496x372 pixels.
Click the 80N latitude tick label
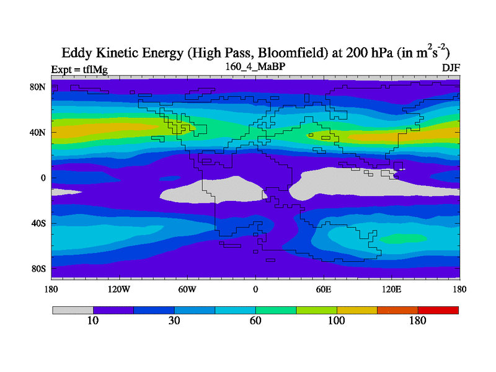[39, 87]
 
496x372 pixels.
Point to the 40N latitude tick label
[39, 132]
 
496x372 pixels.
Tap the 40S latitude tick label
[39, 223]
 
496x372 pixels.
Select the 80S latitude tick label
[39, 268]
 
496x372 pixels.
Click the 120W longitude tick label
[118, 289]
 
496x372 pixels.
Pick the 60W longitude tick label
[187, 289]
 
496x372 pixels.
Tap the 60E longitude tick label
[323, 289]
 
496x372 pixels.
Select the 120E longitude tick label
[391, 289]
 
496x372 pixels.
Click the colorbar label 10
[92, 321]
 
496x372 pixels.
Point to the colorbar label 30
[174, 321]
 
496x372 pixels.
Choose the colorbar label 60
[255, 321]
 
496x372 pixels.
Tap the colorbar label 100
[337, 321]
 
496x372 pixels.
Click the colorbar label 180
[418, 321]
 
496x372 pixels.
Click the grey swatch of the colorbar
[73, 310]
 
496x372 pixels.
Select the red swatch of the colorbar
[438, 310]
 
